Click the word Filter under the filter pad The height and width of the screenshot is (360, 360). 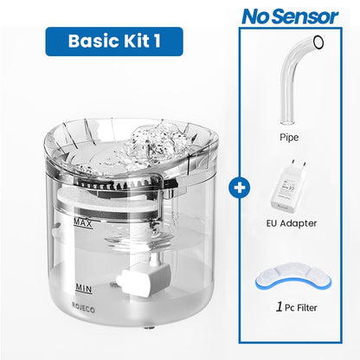[x=300, y=305]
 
